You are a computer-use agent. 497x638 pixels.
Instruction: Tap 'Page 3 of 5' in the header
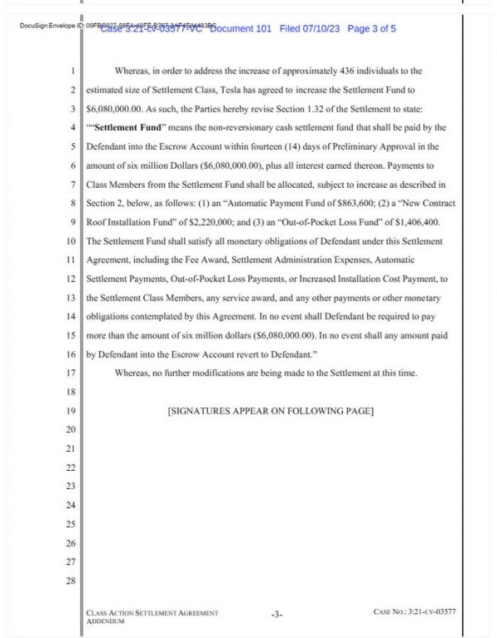tap(372, 29)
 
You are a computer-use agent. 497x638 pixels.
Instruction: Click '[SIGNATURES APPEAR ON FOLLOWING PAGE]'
tap(271, 411)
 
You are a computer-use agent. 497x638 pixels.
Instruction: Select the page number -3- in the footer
tap(277, 614)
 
